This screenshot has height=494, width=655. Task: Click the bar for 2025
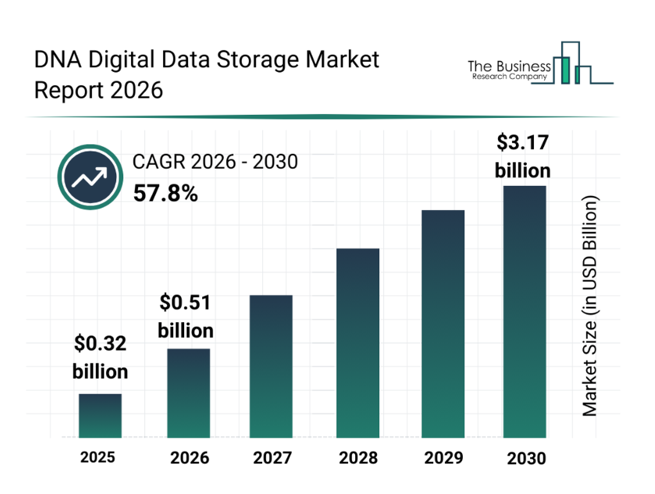[x=100, y=415]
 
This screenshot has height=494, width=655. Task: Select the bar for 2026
[x=188, y=393]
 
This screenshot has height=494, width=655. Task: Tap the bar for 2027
[x=271, y=366]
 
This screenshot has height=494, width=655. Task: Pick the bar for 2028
[x=358, y=343]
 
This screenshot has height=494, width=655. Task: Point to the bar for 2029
[x=443, y=323]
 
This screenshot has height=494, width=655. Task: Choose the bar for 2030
[x=524, y=311]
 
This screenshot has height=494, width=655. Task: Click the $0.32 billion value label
[x=100, y=357]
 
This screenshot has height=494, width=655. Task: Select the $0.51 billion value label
[x=186, y=316]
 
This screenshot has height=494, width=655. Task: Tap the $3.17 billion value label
[x=523, y=156]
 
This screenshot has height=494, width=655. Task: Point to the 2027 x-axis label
[x=272, y=457]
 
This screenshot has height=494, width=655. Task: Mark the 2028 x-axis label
[x=358, y=457]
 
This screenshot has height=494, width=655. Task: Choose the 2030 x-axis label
[x=525, y=458]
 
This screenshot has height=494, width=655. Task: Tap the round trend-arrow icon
[x=88, y=177]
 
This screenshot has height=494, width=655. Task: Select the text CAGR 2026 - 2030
[x=215, y=162]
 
